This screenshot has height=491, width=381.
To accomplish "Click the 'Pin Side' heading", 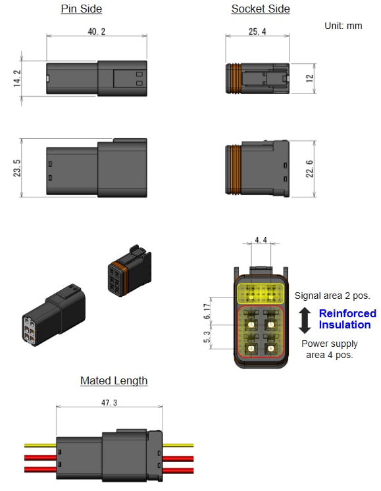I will (x=82, y=9).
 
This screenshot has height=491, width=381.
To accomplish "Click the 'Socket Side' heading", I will (x=261, y=9).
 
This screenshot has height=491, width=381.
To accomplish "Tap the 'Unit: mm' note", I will (x=343, y=26).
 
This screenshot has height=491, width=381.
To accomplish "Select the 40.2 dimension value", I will (x=96, y=31).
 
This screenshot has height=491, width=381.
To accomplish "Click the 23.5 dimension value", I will (x=17, y=168).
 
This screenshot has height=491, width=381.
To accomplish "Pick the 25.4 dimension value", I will (x=256, y=31).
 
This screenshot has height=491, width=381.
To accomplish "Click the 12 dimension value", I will (x=309, y=78).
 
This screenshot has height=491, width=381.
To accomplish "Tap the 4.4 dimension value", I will (x=261, y=241).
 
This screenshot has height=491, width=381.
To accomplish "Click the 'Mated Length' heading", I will (x=114, y=381).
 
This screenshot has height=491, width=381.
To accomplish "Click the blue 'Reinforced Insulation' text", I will (x=347, y=319).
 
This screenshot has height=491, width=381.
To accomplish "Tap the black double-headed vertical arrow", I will (x=304, y=319).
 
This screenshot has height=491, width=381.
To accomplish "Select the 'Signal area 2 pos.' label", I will (x=332, y=296).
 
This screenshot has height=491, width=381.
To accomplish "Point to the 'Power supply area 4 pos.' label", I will (x=330, y=349).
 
